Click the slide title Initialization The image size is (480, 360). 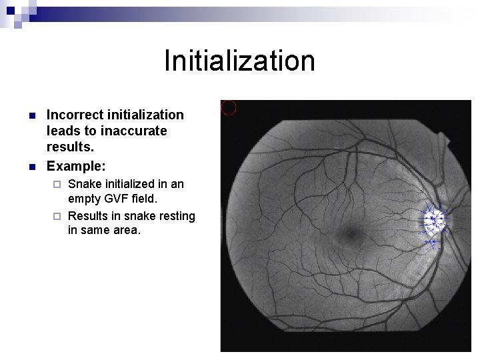239,61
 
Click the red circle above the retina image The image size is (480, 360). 229,107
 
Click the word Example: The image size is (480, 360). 77,163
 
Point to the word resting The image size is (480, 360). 175,215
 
